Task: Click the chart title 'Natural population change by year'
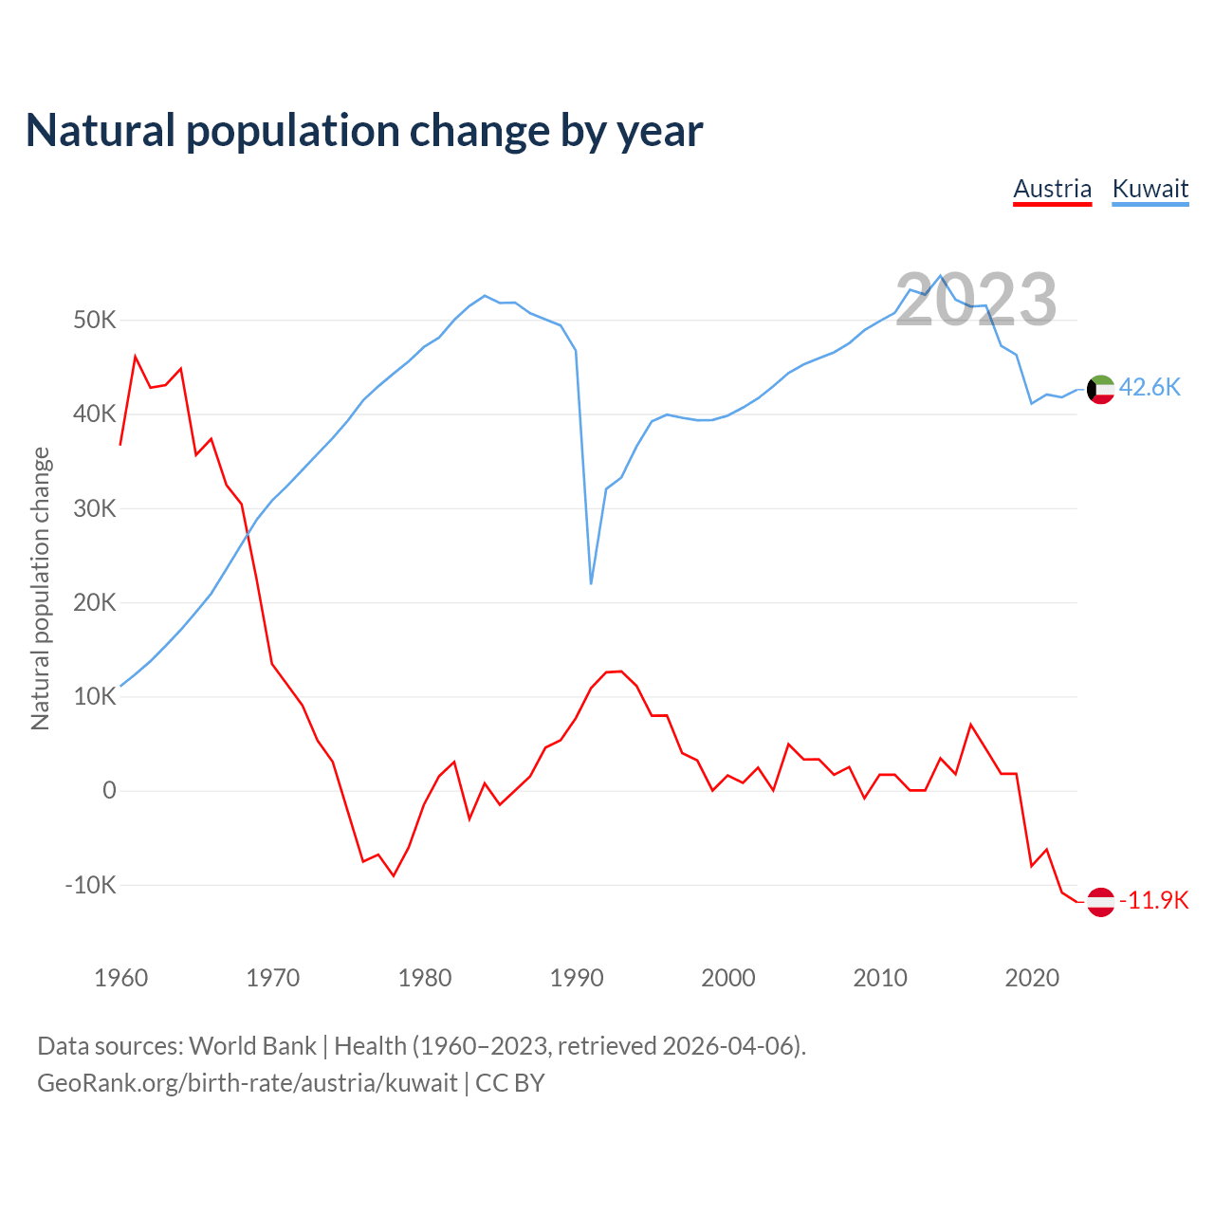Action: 364,131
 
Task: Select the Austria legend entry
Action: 1052,189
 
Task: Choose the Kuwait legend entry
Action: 1150,189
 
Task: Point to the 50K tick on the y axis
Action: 95,321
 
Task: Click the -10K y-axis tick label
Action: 91,885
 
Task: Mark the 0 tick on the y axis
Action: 109,791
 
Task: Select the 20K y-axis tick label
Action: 95,603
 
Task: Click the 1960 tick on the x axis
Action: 120,978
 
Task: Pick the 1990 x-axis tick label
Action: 576,978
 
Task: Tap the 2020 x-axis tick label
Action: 1031,978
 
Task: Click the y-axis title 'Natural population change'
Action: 40,588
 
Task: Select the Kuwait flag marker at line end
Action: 1100,389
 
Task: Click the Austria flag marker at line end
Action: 1100,901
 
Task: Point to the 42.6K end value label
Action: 1150,387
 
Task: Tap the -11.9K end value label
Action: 1153,900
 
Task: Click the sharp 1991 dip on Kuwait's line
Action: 591,582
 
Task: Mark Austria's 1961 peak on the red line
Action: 136,357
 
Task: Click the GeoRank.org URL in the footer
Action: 247,1083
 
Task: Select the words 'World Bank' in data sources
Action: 252,1046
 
